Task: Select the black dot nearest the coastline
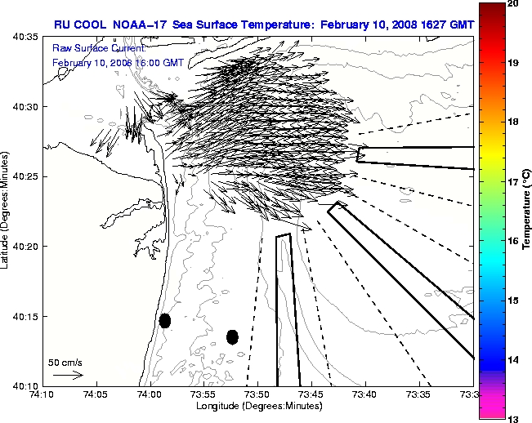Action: (x=165, y=320)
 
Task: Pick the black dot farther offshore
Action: (x=232, y=336)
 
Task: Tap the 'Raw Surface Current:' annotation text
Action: (x=97, y=49)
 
